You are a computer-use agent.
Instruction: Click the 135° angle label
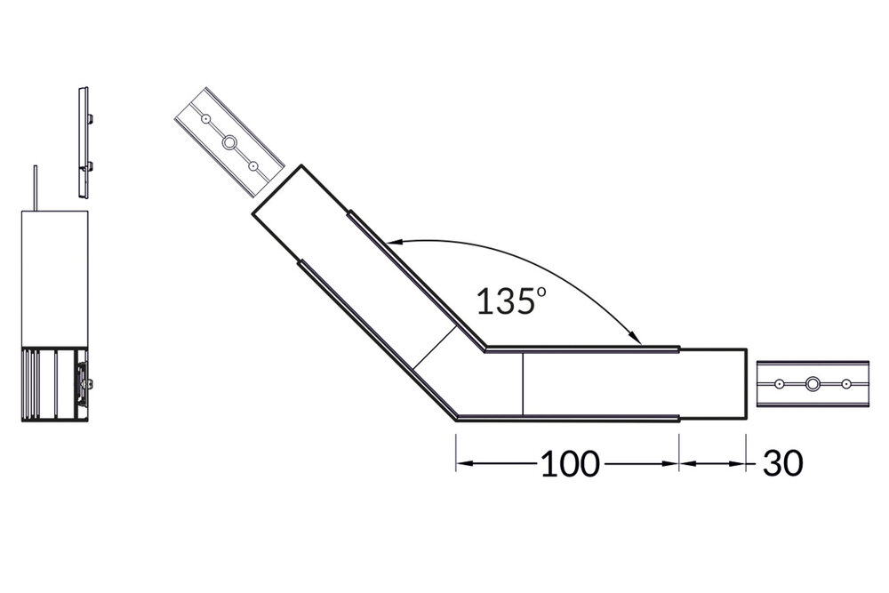point(510,301)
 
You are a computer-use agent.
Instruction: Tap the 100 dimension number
point(570,463)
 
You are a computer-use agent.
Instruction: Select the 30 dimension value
point(782,463)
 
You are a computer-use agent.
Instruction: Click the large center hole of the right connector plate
point(813,384)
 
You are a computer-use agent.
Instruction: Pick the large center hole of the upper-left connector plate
point(229,142)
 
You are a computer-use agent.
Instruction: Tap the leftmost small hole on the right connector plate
point(779,384)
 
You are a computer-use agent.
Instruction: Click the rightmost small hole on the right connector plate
point(846,384)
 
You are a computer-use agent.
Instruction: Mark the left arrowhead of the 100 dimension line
point(463,463)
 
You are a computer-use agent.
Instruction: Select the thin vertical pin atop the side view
point(36,189)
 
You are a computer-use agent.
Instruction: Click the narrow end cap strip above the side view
point(85,142)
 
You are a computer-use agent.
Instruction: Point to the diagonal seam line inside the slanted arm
point(436,349)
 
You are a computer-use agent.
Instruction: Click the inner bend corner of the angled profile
point(484,348)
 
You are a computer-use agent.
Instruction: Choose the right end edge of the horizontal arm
point(745,383)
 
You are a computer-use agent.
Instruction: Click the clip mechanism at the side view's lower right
point(83,383)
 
